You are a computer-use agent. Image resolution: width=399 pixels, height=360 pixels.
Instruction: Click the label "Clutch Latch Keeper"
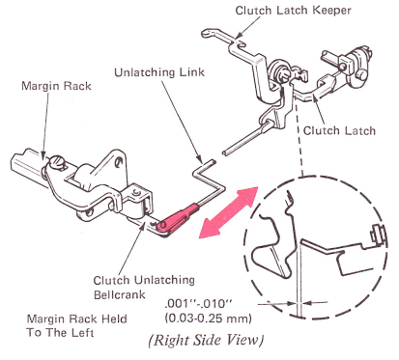click(293, 11)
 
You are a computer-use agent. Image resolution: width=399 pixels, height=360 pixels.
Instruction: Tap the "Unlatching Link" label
click(159, 72)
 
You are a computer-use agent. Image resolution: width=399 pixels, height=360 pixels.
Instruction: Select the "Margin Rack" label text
click(56, 86)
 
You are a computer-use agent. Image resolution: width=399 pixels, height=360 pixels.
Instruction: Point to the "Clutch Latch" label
click(339, 130)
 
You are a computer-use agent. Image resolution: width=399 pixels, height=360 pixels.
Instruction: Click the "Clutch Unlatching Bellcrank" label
click(144, 288)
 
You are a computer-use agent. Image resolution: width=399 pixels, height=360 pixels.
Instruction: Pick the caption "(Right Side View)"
click(206, 341)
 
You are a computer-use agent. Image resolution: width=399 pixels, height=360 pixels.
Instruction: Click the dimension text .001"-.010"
click(199, 303)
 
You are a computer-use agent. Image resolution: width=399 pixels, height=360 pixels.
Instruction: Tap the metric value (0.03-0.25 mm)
click(208, 318)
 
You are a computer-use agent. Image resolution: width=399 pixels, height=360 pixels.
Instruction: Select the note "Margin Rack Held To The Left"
click(76, 325)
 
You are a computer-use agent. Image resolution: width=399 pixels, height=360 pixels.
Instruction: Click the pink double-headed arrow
click(229, 212)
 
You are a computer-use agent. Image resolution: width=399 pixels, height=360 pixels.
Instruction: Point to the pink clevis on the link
click(178, 217)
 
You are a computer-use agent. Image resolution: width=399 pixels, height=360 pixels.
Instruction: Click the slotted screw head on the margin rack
click(56, 161)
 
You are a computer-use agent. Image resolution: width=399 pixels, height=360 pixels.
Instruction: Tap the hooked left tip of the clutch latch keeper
click(206, 33)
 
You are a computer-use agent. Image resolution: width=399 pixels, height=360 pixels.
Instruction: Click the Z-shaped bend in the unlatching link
click(207, 178)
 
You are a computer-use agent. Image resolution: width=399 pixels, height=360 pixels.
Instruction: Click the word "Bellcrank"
click(120, 294)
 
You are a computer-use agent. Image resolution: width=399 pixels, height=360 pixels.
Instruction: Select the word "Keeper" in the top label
click(331, 11)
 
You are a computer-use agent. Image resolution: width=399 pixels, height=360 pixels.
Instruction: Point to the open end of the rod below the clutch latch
click(225, 152)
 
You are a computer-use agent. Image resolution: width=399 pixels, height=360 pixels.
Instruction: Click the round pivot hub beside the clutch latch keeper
click(276, 69)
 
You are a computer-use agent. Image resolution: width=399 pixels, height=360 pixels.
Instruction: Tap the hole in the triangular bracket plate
click(120, 160)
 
